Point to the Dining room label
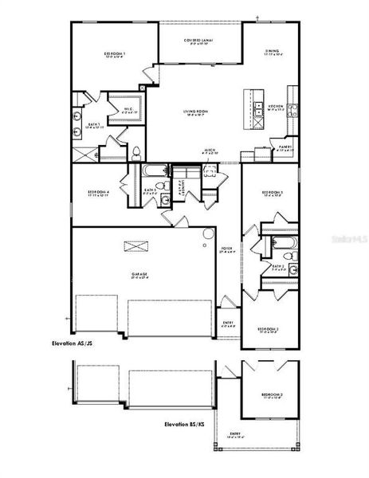coord(272,53)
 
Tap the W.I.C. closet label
coord(128,110)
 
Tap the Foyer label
coord(226,249)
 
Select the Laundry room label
coord(183,186)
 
